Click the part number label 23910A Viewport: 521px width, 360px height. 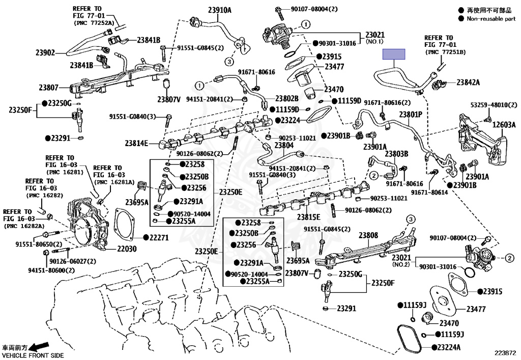point(219,10)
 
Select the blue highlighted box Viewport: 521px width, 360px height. point(394,54)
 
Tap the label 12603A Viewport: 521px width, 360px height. point(504,125)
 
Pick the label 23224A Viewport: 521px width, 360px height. point(446,348)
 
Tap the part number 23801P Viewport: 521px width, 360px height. point(411,115)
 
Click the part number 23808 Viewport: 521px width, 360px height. point(368,236)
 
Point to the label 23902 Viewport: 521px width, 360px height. point(45,52)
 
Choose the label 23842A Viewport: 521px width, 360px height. point(468,82)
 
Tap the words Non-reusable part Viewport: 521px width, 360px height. point(490,19)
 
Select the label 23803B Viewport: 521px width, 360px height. point(396,154)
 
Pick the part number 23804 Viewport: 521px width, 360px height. point(284,145)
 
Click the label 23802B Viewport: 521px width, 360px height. point(287,98)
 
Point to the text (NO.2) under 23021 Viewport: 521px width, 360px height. point(401,265)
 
